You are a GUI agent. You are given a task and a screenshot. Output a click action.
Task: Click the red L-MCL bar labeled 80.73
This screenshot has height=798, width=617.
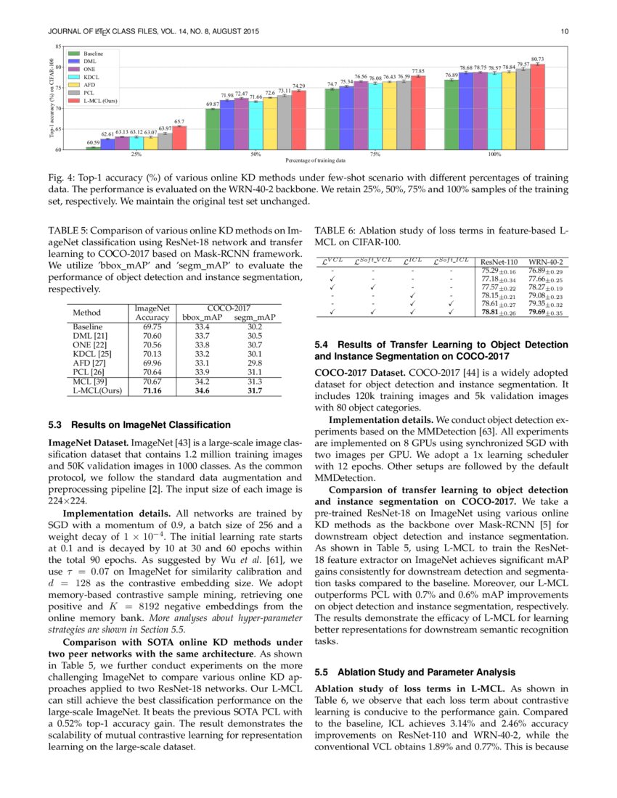click(x=538, y=107)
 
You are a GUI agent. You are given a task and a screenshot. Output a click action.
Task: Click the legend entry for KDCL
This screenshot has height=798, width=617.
click(x=92, y=76)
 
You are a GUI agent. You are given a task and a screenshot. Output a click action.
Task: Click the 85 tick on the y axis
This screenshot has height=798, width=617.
click(x=59, y=47)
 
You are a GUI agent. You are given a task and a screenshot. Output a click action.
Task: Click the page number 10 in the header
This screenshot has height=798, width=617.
click(x=564, y=30)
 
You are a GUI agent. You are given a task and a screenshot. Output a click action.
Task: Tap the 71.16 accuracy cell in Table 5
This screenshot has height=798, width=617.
click(x=152, y=390)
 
